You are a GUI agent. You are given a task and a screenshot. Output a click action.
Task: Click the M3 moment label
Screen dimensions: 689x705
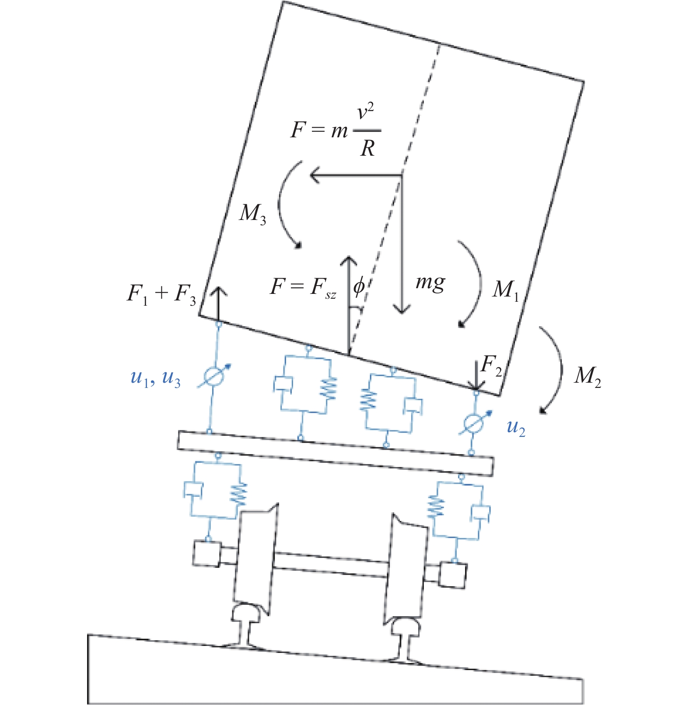[252, 214]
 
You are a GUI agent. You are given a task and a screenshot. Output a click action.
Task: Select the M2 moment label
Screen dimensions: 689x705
[588, 376]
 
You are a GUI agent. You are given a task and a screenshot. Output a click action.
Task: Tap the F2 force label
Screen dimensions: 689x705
[491, 365]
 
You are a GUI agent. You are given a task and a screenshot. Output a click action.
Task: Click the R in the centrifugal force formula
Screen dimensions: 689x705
[367, 149]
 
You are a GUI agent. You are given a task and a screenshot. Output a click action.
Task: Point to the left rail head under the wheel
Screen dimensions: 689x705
[248, 612]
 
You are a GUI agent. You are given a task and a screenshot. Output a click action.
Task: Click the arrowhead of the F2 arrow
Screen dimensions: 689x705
[476, 384]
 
